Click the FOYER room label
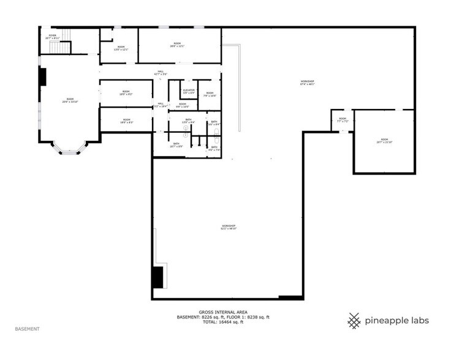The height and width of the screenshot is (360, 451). click(x=53, y=37)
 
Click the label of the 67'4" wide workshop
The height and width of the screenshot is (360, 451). click(x=307, y=83)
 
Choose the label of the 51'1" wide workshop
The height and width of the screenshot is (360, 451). click(x=229, y=227)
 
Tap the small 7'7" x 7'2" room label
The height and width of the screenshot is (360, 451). click(x=343, y=119)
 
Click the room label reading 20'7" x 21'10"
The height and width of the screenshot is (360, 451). click(x=384, y=141)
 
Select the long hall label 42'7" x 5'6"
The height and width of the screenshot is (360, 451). click(x=161, y=73)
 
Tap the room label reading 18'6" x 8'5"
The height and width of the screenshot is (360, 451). click(x=126, y=121)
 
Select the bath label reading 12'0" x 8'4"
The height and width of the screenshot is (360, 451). click(x=188, y=122)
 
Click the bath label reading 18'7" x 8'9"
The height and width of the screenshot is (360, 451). click(x=176, y=144)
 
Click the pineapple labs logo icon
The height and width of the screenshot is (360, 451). click(x=354, y=320)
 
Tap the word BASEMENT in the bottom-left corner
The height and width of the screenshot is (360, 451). click(x=28, y=329)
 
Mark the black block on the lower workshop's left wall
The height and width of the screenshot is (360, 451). click(x=158, y=276)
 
